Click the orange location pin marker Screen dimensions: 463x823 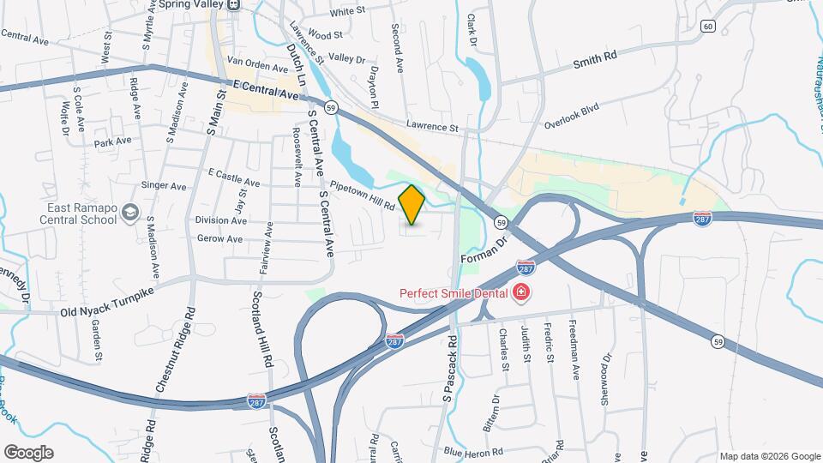(x=412, y=205)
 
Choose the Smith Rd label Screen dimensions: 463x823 (x=595, y=59)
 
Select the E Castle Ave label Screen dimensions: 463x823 (x=234, y=183)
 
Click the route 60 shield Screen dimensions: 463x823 (x=707, y=27)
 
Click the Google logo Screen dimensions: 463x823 (x=28, y=452)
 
